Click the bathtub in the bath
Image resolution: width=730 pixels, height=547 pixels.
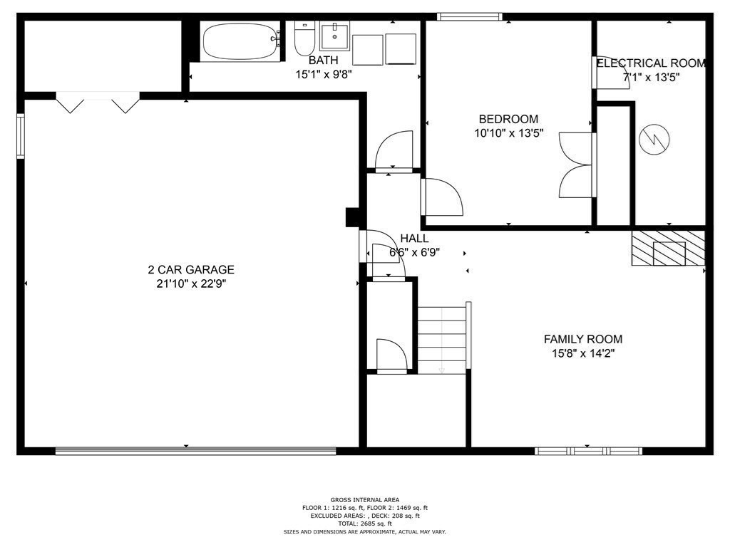(242, 42)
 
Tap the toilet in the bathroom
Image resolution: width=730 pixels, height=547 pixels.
(304, 39)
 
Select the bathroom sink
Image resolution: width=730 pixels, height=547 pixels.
(334, 36)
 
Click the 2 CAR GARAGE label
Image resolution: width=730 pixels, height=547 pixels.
(191, 270)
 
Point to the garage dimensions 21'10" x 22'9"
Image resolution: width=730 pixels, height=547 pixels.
(191, 283)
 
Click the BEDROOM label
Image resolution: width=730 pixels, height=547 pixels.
(508, 119)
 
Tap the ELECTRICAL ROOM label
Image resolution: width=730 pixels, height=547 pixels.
(651, 63)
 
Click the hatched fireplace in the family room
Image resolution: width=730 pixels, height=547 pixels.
(668, 249)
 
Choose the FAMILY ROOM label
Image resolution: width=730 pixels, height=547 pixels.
(582, 339)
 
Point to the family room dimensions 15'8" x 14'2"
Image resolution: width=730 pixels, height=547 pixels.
(582, 353)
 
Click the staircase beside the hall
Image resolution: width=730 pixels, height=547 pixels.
(442, 340)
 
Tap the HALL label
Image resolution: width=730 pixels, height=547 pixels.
(414, 238)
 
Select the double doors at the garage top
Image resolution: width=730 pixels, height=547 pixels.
(98, 102)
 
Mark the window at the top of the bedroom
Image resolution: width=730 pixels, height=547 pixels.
(469, 16)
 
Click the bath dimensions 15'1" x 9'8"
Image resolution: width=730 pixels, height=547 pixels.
(324, 73)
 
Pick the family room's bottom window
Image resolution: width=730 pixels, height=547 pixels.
(588, 450)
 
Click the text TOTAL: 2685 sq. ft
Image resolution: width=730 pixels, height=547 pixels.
(365, 523)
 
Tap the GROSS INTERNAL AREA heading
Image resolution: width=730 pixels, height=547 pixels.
(365, 499)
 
